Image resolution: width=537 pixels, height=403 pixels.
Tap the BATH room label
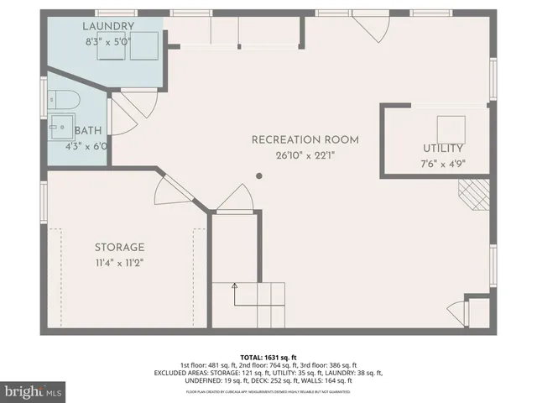89,131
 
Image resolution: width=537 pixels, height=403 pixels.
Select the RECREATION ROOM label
305,139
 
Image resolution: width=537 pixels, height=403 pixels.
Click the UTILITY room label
442,149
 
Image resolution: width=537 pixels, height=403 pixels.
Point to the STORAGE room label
119,247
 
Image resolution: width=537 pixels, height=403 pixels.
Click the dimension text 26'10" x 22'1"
305,154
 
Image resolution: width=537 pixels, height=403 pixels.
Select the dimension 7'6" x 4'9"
442,164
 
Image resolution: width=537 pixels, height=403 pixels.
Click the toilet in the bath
64,102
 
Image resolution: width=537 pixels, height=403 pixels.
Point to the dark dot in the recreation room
259,176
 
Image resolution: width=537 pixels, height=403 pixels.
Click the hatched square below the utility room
472,195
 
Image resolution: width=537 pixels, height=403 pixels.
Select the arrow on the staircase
236,290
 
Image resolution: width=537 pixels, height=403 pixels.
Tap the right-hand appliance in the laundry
143,46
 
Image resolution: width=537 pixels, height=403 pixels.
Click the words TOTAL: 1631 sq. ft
268,356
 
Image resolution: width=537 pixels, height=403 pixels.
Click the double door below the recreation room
235,198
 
